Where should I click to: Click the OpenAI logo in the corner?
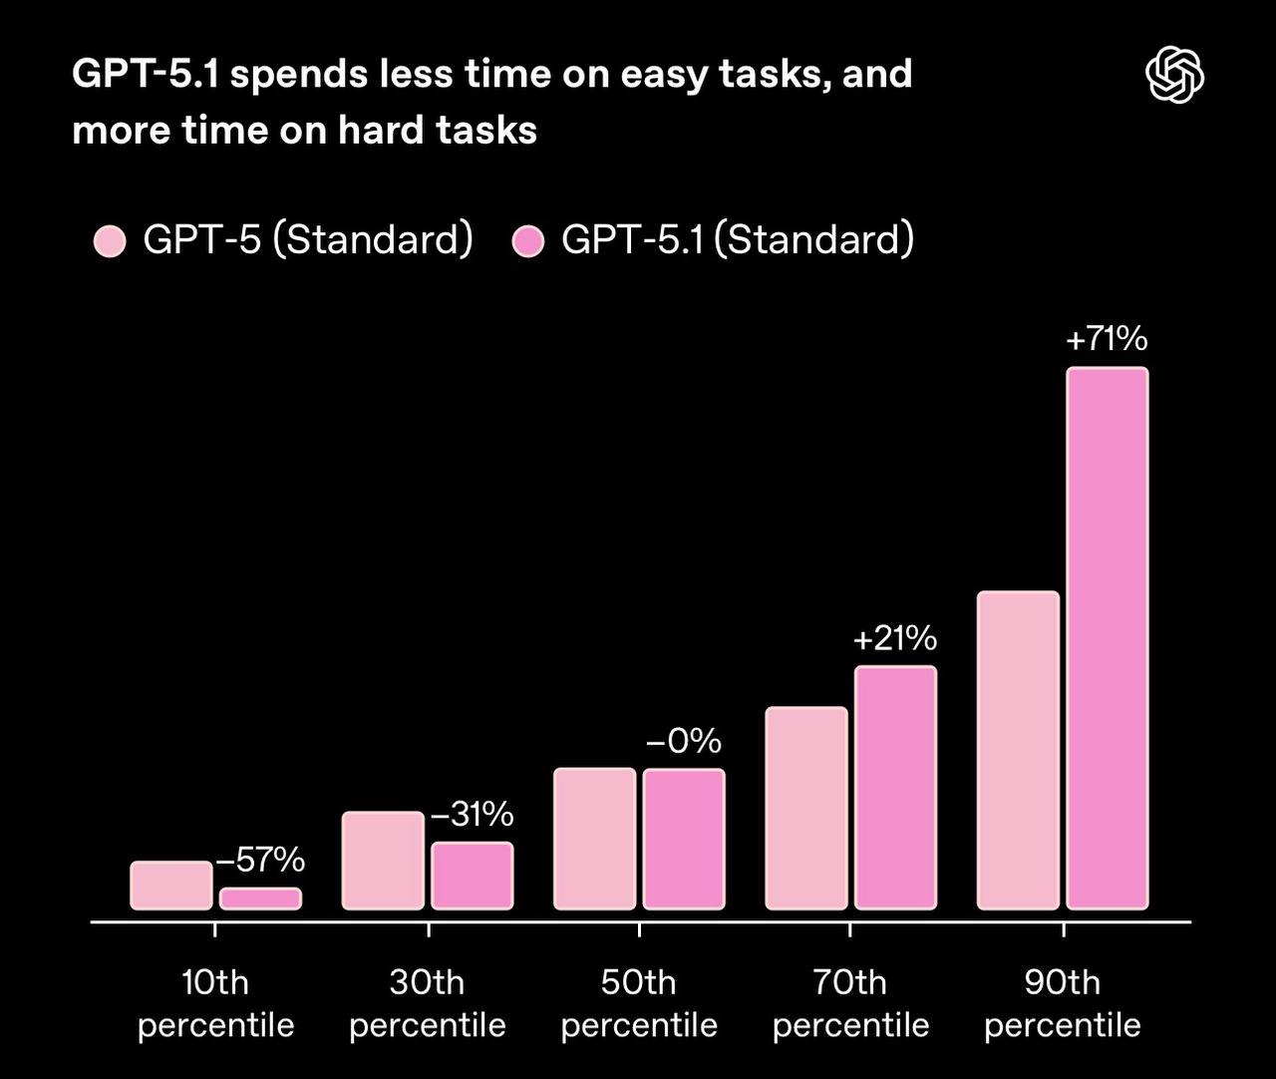click(x=1174, y=76)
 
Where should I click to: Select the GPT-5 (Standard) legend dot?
click(x=110, y=241)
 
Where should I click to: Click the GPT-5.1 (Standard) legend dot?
click(x=527, y=241)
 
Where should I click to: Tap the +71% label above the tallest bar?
click(x=1107, y=340)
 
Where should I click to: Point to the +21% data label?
click(x=895, y=638)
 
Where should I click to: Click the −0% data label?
click(x=684, y=741)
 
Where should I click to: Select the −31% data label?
click(x=472, y=815)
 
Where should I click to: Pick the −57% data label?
click(x=260, y=860)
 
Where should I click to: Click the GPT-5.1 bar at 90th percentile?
click(x=1107, y=638)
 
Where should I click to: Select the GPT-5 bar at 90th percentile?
click(x=1018, y=750)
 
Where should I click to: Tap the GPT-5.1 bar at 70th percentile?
click(x=895, y=788)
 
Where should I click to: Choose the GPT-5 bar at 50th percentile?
click(x=594, y=839)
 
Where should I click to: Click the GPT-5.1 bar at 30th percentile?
click(x=473, y=876)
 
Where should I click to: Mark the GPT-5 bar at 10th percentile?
click(x=171, y=886)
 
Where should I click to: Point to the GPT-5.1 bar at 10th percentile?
click(x=260, y=899)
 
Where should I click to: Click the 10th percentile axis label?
click(x=215, y=1003)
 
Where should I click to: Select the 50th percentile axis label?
click(x=639, y=1003)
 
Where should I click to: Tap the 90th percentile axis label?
click(x=1063, y=1003)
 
